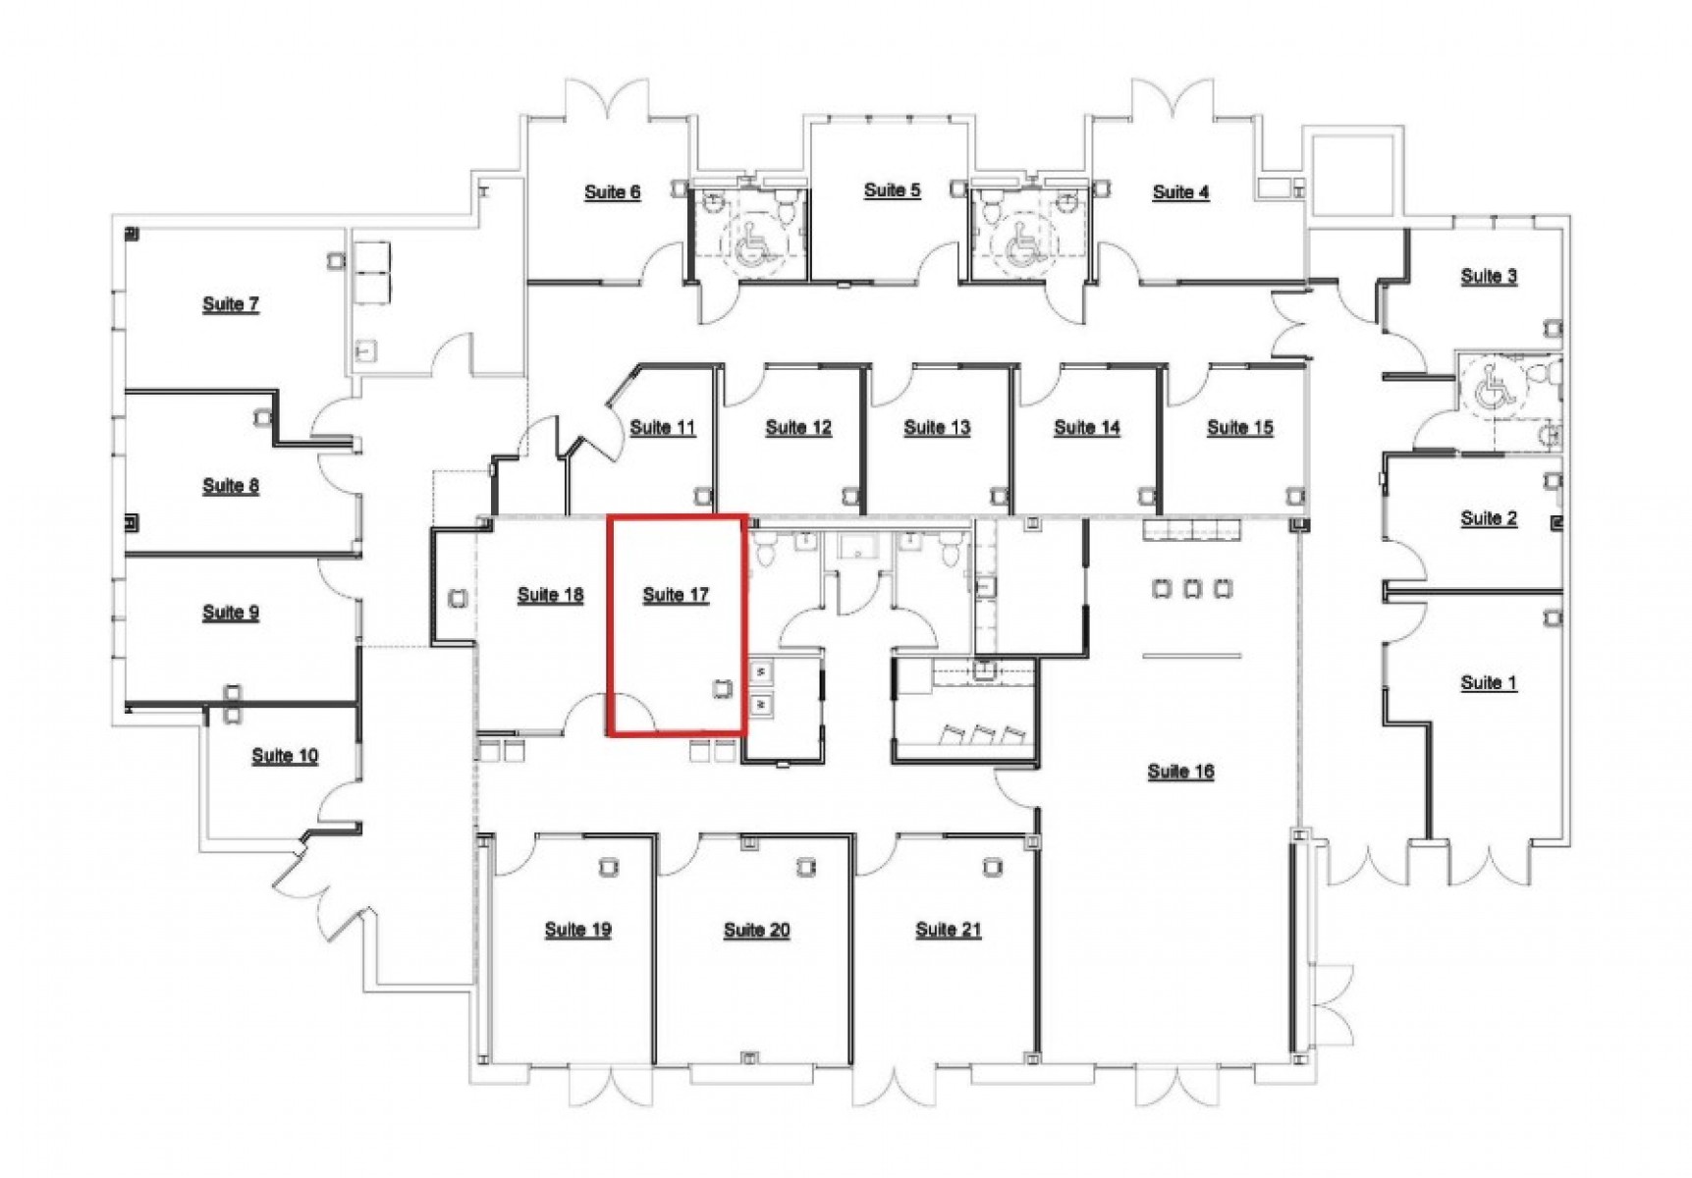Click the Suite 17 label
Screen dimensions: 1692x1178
(676, 595)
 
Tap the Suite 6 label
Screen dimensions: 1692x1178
(613, 192)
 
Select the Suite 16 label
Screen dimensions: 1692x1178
(1180, 772)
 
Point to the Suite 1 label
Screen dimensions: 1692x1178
(1489, 683)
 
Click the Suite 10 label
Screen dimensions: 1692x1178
(285, 756)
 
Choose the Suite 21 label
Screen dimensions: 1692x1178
(949, 930)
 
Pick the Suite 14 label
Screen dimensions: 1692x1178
(1087, 428)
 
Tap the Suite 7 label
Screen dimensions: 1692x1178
(231, 304)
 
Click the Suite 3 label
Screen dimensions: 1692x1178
(1489, 277)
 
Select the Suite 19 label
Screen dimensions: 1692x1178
(578, 930)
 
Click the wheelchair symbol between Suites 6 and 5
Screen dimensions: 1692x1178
(752, 245)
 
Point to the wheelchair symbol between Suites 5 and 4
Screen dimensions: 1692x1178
(1021, 245)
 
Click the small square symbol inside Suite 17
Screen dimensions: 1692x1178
(724, 688)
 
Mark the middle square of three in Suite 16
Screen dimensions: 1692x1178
(1192, 589)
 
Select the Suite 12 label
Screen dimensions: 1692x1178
(798, 428)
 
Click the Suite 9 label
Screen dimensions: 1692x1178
(231, 613)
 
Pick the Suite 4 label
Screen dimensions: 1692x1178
(1180, 192)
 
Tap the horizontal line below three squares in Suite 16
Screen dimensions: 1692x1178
(1192, 656)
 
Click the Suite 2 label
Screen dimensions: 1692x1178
(1489, 518)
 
